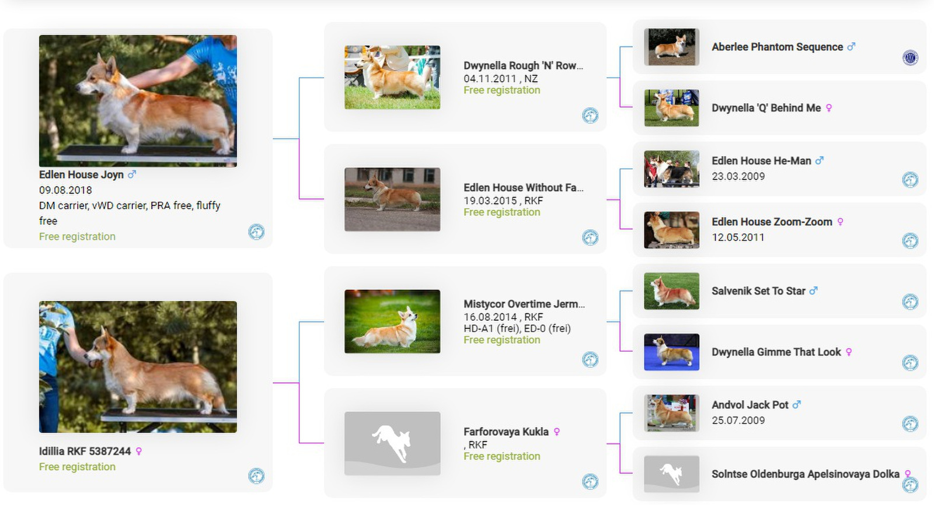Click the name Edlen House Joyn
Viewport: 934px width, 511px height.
81,174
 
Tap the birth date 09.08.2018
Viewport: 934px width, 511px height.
65,191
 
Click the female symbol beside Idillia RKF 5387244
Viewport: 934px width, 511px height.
139,452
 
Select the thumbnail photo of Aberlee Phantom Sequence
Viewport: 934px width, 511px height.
671,47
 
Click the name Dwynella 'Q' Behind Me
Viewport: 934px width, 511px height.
766,108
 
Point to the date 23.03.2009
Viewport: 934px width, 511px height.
738,176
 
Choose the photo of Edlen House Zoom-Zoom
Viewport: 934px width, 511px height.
671,230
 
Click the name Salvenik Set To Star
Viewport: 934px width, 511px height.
758,291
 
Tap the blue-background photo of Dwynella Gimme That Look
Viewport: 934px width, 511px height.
671,352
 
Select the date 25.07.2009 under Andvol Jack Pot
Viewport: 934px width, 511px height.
738,420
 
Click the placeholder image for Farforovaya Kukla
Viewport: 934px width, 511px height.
392,443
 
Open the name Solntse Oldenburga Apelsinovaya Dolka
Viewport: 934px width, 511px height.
805,474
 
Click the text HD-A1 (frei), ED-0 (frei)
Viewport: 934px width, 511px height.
517,328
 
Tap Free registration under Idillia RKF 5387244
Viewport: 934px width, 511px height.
77,467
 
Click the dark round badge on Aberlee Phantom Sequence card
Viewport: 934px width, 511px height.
910,58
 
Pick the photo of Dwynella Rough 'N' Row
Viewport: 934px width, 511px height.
392,78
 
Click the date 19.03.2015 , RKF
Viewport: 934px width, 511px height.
503,201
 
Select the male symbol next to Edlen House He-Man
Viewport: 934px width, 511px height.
820,160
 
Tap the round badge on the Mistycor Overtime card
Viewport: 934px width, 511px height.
590,360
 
